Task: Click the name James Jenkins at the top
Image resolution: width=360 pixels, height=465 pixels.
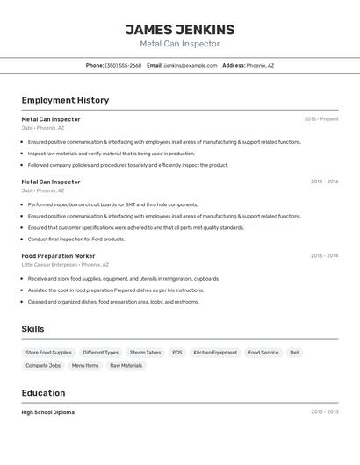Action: pos(180,29)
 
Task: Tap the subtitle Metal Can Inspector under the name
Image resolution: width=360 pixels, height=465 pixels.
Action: pos(180,44)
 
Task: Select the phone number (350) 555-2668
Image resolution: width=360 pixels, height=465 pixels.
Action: pos(123,65)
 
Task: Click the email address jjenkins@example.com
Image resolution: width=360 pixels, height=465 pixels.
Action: pos(191,65)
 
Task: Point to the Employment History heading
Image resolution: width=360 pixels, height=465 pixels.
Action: pos(65,100)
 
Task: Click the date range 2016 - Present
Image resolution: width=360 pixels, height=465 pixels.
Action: pos(320,119)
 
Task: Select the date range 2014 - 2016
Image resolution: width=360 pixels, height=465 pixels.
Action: pos(324,182)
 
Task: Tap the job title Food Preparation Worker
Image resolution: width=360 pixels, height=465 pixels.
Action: pos(58,256)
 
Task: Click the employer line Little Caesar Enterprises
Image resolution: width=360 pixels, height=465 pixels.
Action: pos(49,264)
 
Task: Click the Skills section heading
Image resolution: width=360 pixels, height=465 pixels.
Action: pos(33,329)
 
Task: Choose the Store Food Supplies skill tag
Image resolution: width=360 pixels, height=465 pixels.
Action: pos(49,353)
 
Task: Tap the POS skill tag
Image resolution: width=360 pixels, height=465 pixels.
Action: pos(177,353)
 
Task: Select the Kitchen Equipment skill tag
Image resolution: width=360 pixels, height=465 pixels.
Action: pos(215,353)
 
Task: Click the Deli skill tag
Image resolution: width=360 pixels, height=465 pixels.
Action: pos(295,353)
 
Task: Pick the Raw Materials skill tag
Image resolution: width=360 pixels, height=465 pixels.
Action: pos(126,365)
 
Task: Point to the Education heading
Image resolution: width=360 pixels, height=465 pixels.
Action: pos(43,393)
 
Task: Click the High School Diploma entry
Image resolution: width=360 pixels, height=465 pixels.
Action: pos(48,412)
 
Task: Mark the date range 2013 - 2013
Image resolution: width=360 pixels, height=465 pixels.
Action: pos(324,412)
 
